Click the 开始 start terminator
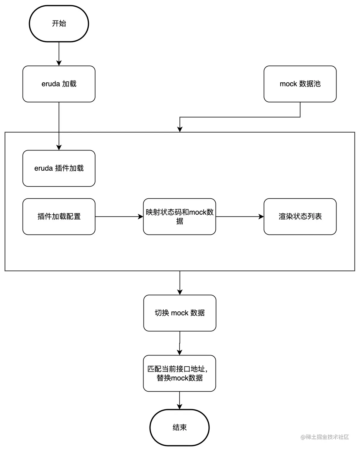click(59, 24)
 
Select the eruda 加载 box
click(59, 84)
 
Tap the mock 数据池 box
click(300, 84)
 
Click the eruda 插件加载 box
click(59, 168)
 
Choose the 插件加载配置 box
click(59, 216)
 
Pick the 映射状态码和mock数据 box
click(179, 216)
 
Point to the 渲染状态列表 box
click(300, 216)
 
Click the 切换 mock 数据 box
click(180, 313)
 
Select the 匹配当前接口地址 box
click(179, 373)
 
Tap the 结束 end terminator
click(179, 427)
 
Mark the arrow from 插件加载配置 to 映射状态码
click(119, 216)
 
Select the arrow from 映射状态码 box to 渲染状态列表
click(240, 216)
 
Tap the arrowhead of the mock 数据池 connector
click(180, 129)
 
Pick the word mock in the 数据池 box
click(288, 84)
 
